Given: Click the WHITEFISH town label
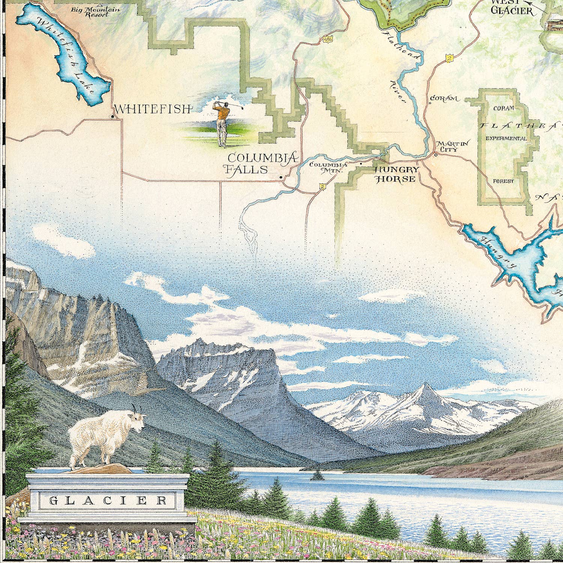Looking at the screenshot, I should [x=152, y=109].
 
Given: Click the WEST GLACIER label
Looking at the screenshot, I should [x=512, y=8].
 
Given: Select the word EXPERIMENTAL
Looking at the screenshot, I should [x=506, y=138].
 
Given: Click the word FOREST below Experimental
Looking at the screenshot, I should [x=503, y=181].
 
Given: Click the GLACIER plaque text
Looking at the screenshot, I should [x=108, y=500].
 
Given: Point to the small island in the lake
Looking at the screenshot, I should [x=316, y=476].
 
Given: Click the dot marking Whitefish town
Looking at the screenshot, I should [x=112, y=117].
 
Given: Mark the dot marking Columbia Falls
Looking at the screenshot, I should [x=281, y=177].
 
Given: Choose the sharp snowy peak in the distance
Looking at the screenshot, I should [x=425, y=388].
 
